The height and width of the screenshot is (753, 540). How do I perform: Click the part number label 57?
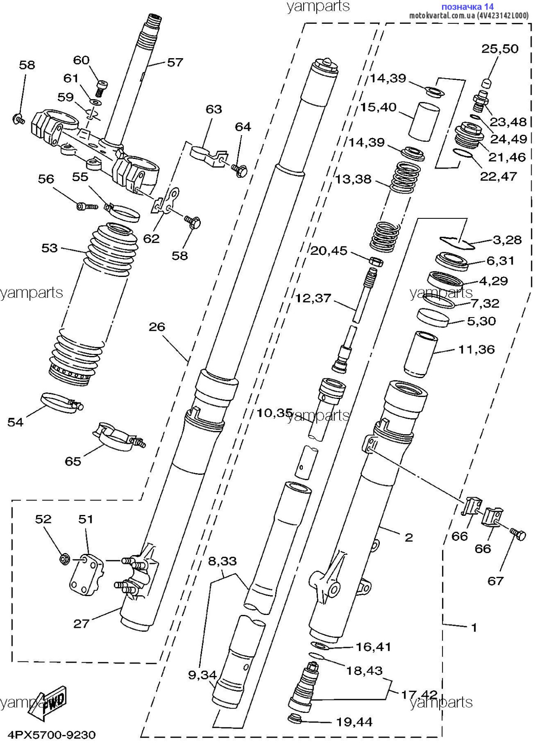[175, 62]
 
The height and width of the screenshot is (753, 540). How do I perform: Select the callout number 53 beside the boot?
[49, 248]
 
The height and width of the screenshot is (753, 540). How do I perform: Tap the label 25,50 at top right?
[499, 49]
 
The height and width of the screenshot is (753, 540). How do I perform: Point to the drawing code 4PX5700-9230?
[51, 734]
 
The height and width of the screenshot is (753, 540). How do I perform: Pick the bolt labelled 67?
[518, 533]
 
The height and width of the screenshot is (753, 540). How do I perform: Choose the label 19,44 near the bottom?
[354, 721]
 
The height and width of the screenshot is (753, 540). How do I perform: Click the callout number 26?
[157, 326]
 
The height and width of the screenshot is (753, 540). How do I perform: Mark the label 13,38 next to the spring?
[353, 179]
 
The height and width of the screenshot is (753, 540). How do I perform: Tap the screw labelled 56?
[86, 206]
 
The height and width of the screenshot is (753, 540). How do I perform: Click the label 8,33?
[222, 561]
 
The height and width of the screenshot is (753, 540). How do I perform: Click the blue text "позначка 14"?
[467, 6]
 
